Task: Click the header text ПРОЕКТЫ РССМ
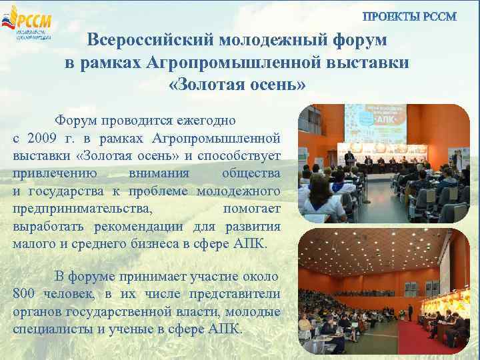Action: click(409, 17)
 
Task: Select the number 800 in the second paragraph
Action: click(25, 294)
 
